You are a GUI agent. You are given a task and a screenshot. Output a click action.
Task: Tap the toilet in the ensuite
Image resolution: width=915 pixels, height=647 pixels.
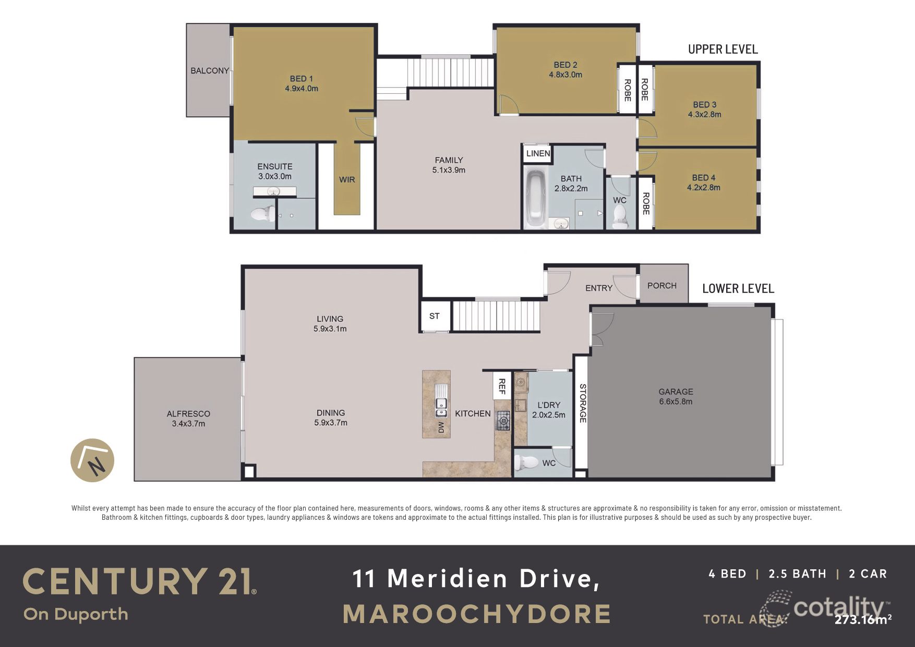click(x=263, y=214)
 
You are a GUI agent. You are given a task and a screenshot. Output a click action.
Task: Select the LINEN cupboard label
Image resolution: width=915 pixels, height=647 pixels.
click(x=538, y=153)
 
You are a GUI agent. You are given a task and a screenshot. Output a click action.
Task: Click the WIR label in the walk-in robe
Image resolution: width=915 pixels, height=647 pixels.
click(x=347, y=179)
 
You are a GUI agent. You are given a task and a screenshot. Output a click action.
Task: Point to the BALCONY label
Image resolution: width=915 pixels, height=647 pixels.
click(x=209, y=70)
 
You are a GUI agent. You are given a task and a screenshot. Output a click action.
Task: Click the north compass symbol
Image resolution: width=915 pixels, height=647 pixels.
click(x=92, y=460)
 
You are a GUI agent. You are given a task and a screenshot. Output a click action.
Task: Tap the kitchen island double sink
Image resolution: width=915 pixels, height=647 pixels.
click(x=441, y=407)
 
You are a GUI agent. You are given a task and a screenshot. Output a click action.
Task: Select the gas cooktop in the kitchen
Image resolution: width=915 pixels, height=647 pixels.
click(x=503, y=421)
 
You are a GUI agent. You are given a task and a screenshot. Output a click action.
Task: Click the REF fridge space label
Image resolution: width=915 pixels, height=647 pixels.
click(x=502, y=386)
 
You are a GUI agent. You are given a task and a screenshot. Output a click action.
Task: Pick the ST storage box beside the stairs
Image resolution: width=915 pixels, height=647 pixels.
click(x=435, y=316)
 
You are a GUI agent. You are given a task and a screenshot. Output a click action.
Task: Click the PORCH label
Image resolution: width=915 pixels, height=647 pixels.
click(x=661, y=286)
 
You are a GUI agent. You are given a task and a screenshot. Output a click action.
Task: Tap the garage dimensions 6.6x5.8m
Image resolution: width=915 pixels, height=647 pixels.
click(x=676, y=401)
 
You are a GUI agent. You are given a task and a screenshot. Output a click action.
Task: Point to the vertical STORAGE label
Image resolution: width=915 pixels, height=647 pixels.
click(x=583, y=403)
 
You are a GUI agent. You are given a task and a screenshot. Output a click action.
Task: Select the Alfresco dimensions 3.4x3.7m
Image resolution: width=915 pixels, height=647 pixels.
click(x=188, y=423)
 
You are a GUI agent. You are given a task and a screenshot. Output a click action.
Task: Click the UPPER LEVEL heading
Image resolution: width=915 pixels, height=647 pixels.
click(x=723, y=49)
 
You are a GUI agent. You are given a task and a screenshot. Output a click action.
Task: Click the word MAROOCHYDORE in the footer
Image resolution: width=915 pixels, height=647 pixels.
click(x=477, y=614)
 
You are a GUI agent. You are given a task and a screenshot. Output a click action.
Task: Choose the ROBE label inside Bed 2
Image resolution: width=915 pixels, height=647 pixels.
click(x=627, y=90)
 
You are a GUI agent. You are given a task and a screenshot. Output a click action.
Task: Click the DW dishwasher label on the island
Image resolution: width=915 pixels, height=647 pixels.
click(x=441, y=428)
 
